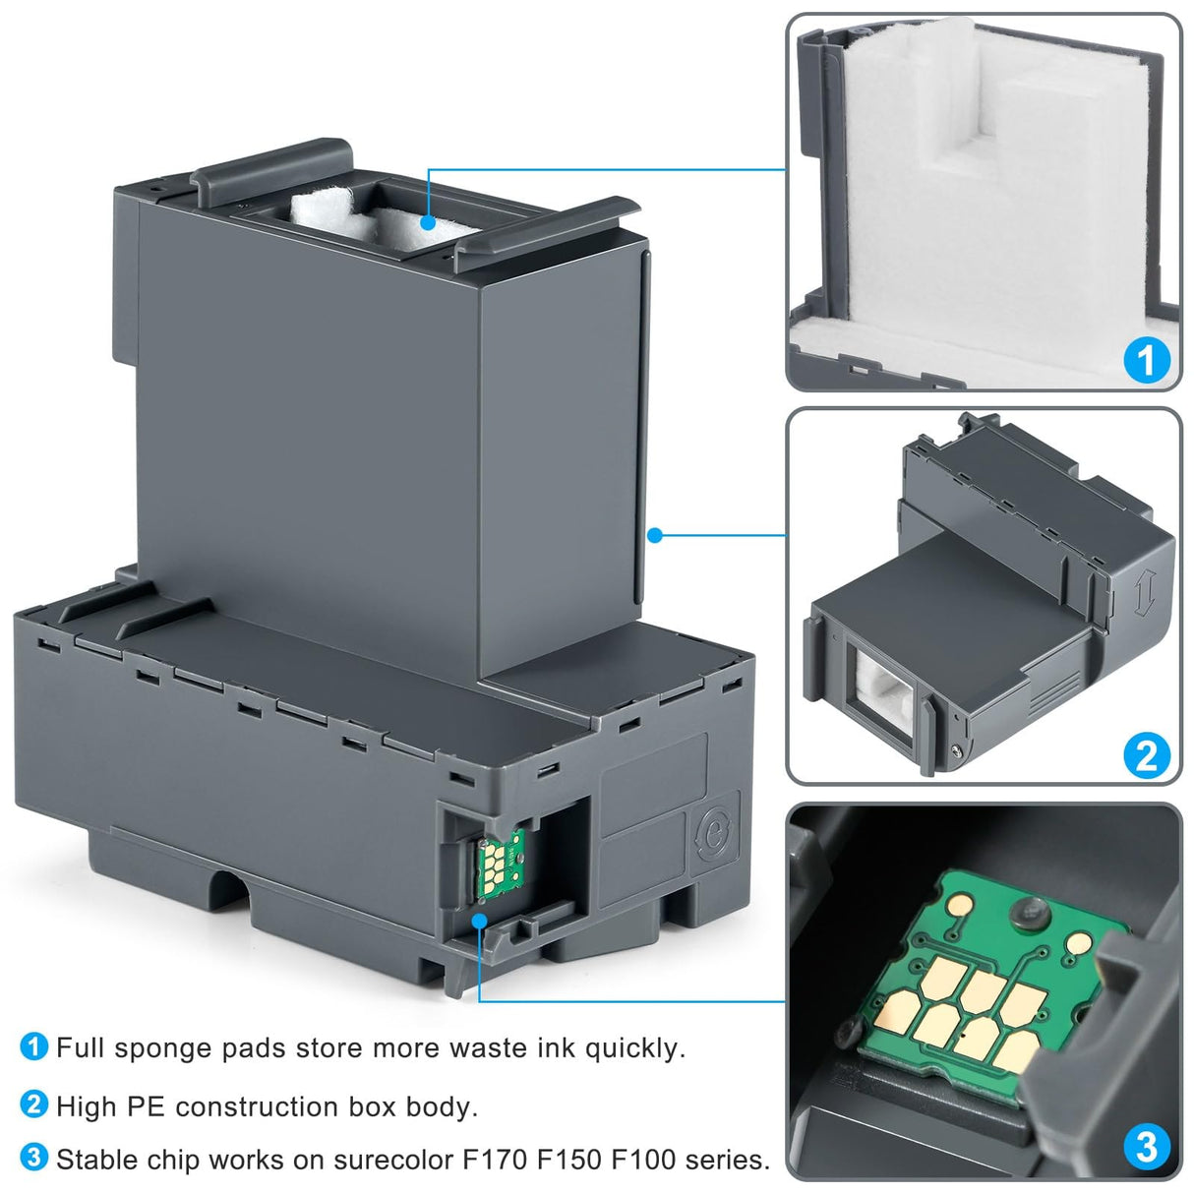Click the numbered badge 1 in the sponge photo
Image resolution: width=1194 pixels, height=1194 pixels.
click(1146, 360)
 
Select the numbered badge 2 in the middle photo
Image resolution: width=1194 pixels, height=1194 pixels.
click(1146, 755)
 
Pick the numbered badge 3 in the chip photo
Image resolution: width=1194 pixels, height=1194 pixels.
click(1146, 1147)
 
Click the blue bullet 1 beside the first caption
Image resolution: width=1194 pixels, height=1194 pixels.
click(33, 1046)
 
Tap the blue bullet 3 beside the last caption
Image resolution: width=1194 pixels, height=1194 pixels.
click(33, 1158)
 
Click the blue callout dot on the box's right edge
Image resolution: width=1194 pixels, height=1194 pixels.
click(655, 535)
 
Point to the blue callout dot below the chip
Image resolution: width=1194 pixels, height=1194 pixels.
click(480, 921)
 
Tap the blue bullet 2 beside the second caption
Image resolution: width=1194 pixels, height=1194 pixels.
click(33, 1104)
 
